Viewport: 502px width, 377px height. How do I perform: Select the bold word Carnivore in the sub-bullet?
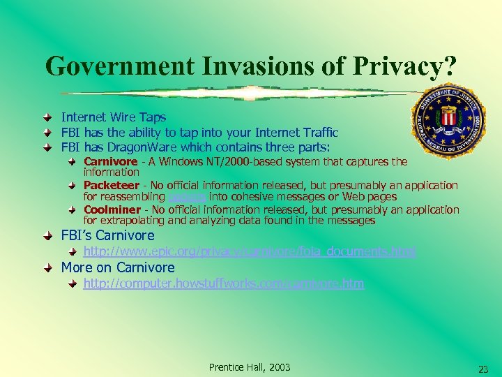pos(110,162)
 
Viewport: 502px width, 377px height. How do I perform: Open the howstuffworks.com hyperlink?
pos(223,283)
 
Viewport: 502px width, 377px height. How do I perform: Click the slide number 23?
pos(482,369)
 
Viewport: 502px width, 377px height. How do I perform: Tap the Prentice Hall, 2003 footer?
pos(250,367)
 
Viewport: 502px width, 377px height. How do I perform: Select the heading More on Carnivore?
pos(118,267)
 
